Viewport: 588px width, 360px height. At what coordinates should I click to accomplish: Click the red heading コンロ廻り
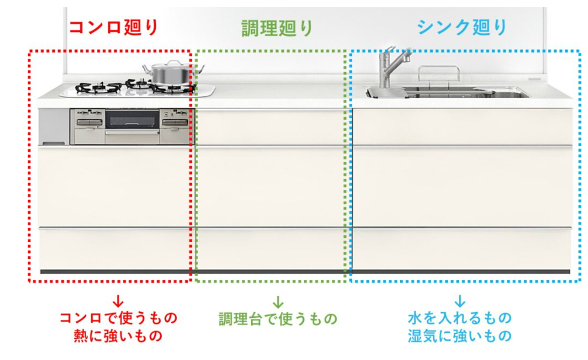coord(114,28)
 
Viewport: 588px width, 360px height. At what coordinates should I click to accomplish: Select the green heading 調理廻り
coord(277,28)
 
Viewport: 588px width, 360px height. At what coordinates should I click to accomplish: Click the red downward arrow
coord(118,299)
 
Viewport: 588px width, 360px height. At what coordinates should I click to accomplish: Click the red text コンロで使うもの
coord(118,317)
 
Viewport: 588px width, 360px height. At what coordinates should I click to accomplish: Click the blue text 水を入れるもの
coord(459,317)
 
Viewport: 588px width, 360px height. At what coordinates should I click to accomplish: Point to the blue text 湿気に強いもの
coord(459,335)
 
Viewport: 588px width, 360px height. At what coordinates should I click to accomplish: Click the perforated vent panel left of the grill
coord(54,126)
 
